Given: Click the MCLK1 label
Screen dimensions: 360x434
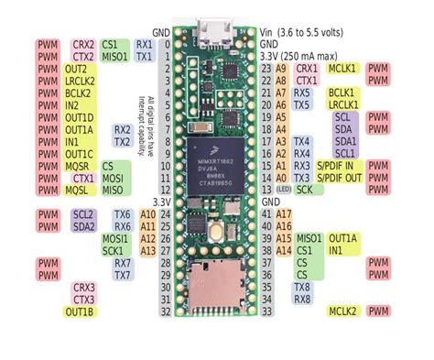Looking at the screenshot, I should pyautogui.click(x=342, y=69).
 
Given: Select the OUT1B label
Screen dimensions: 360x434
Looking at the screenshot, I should pyautogui.click(x=80, y=311).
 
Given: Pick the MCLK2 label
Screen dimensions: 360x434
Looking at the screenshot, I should pyautogui.click(x=342, y=311).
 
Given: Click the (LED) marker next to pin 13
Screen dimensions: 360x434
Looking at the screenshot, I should pyautogui.click(x=283, y=190).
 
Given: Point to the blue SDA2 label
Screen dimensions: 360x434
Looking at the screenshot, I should pyautogui.click(x=83, y=226).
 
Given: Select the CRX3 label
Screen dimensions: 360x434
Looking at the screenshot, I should pyautogui.click(x=83, y=287).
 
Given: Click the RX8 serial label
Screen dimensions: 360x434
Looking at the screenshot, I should pyautogui.click(x=302, y=299).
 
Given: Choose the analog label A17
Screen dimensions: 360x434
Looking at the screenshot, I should pyautogui.click(x=283, y=213).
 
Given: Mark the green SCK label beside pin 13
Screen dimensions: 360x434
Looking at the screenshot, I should pyautogui.click(x=305, y=190).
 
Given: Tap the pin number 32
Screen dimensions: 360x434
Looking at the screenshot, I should pyautogui.click(x=166, y=311).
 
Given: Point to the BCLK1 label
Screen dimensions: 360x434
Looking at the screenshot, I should pyautogui.click(x=342, y=93).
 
